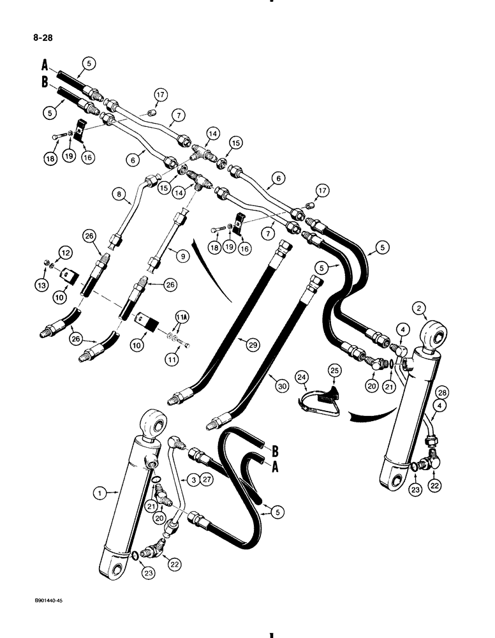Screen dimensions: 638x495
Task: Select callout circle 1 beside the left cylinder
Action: point(98,493)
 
